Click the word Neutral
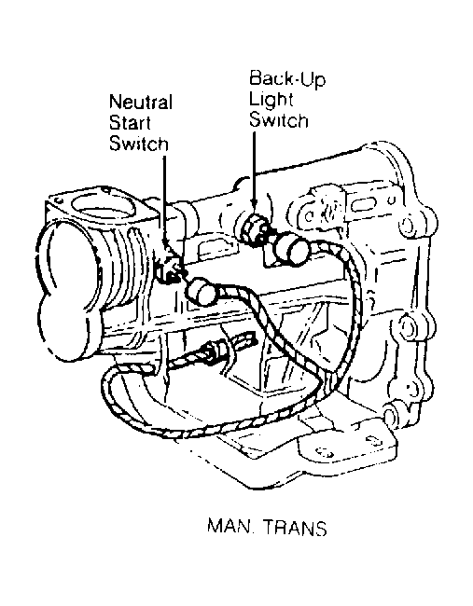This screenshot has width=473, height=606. click(x=141, y=103)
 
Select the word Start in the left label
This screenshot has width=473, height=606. click(x=130, y=123)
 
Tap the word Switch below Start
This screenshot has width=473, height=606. click(x=139, y=144)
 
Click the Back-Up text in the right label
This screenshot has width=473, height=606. click(x=287, y=79)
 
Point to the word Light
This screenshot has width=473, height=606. click(x=271, y=100)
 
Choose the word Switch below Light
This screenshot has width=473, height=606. click(x=278, y=119)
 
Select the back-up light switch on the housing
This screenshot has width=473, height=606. click(x=256, y=230)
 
